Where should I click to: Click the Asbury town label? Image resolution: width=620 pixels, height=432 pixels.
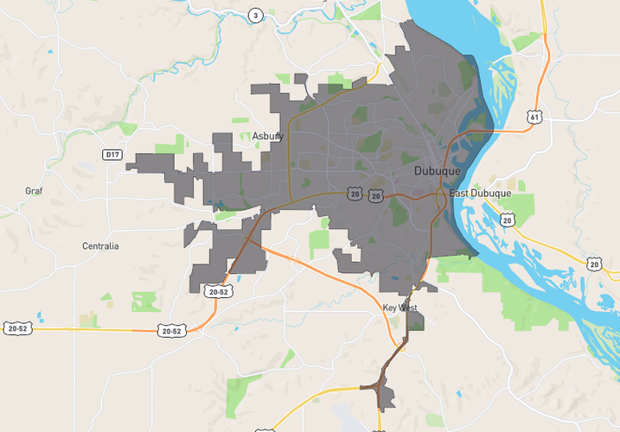tap(268, 136)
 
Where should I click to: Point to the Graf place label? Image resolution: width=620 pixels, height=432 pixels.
tap(34, 190)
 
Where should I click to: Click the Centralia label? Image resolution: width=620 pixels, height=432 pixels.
tap(100, 246)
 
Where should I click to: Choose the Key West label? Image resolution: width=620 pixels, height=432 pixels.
tap(400, 308)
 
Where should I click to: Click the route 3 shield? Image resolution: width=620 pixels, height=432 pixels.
tap(255, 15)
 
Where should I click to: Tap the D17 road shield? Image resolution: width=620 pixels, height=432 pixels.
tap(112, 155)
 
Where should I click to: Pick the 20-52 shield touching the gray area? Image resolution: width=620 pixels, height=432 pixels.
tap(218, 292)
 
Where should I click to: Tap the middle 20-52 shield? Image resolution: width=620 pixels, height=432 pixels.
tap(170, 330)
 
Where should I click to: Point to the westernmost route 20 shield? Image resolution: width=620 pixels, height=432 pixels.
tap(355, 195)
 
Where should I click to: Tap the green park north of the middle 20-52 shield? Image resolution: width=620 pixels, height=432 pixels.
tap(146, 302)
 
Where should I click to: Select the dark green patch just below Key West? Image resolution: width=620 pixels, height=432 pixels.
tap(416, 322)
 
